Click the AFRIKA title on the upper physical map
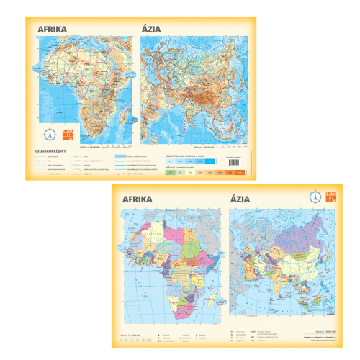point(53,29)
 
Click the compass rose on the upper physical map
point(50,132)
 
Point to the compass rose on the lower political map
point(316,196)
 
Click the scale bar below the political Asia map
point(320,332)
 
